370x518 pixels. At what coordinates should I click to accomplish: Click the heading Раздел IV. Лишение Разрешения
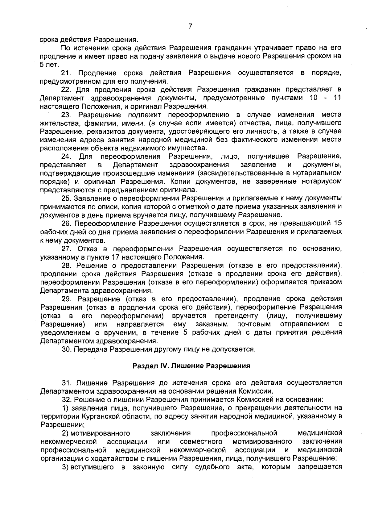point(191,366)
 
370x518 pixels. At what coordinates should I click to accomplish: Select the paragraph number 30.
point(66,349)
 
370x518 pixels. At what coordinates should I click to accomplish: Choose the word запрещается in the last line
point(320,467)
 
